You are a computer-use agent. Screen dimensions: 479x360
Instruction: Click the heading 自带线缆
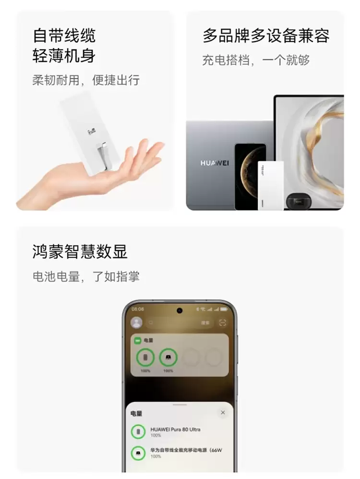[64, 36]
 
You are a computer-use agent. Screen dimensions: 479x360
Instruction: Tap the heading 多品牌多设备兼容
[266, 36]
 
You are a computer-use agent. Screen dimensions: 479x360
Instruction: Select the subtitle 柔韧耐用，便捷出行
[86, 80]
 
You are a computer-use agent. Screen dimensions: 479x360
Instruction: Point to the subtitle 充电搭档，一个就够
[256, 60]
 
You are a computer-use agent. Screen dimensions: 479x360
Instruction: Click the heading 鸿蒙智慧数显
[80, 251]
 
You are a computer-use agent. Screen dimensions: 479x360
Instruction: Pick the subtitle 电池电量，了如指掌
[86, 276]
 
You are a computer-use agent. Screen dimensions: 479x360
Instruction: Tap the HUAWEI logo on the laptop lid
[215, 163]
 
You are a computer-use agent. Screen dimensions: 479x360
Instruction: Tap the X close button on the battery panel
[223, 412]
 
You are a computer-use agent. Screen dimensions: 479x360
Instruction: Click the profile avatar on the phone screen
[137, 323]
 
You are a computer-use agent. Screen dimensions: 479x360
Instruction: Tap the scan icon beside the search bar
[222, 323]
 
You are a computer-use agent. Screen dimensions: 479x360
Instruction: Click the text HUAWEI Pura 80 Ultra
[176, 429]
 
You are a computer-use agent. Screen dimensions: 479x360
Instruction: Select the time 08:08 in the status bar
[138, 309]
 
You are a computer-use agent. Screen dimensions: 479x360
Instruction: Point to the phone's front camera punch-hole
[180, 310]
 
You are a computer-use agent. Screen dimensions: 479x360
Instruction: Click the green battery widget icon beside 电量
[137, 340]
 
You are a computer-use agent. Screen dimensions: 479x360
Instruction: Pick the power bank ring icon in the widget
[168, 357]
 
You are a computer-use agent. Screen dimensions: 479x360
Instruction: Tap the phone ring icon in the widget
[145, 357]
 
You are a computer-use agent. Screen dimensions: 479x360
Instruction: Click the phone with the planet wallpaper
[250, 176]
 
